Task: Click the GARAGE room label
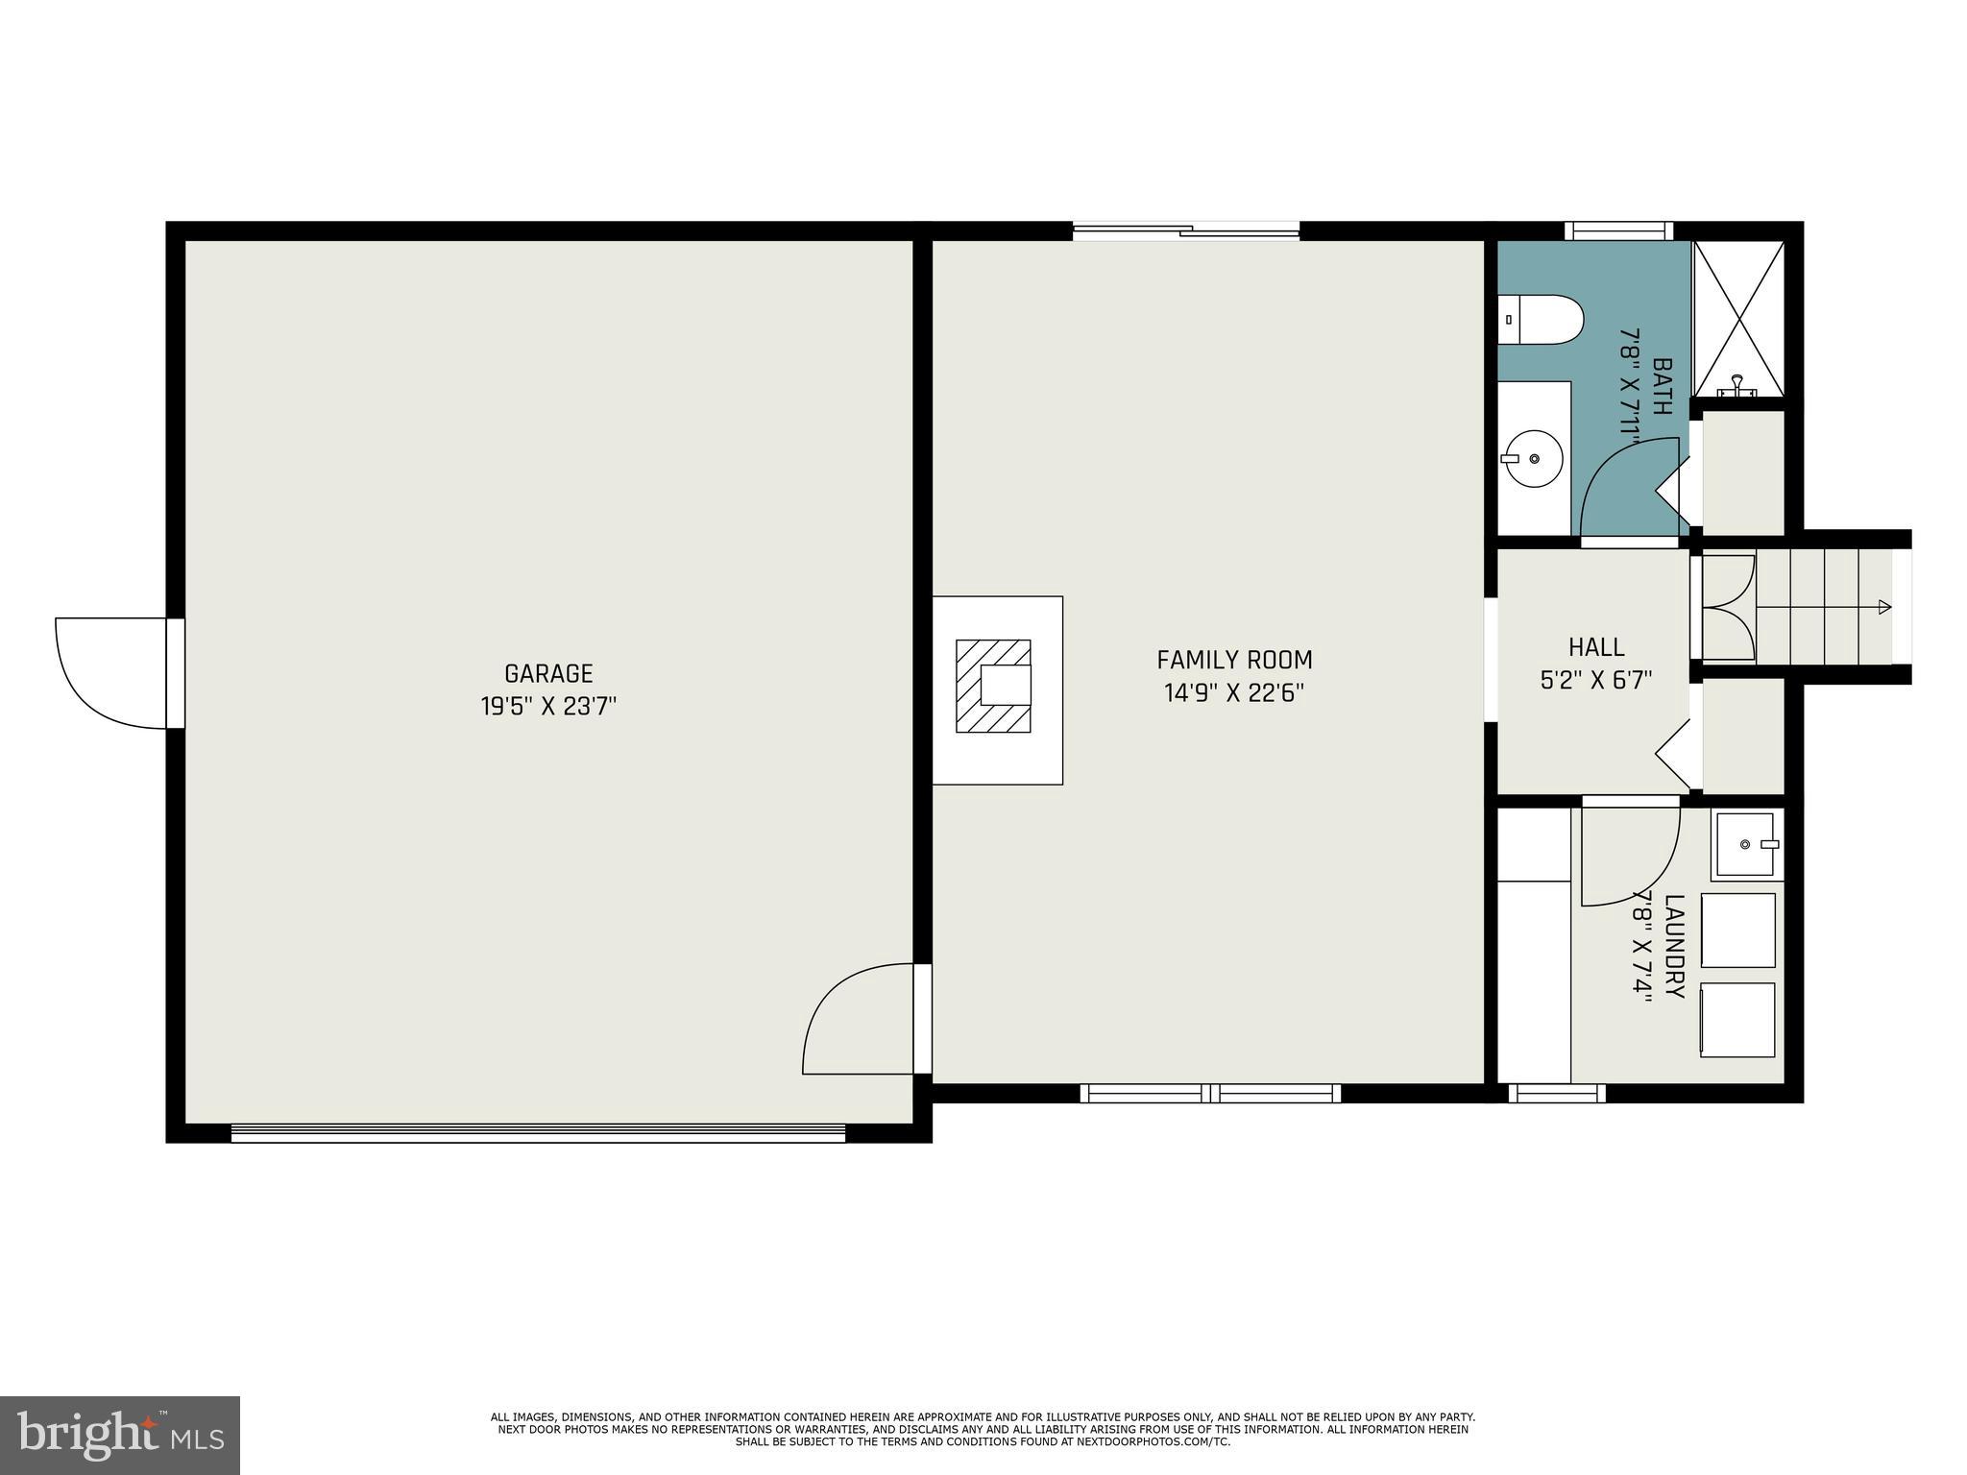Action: pyautogui.click(x=548, y=673)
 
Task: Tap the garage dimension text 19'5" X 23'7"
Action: pyautogui.click(x=548, y=707)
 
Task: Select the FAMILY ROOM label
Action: pyautogui.click(x=1234, y=660)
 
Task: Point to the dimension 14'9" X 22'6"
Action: pyautogui.click(x=1234, y=693)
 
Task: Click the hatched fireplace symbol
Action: pyautogui.click(x=993, y=686)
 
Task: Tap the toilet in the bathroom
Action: pyautogui.click(x=1541, y=320)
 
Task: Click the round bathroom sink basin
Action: pyautogui.click(x=1534, y=459)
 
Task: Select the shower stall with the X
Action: pyautogui.click(x=1738, y=318)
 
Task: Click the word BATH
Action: pyautogui.click(x=1662, y=386)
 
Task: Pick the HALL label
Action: pyautogui.click(x=1596, y=646)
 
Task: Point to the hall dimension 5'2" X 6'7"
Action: pyautogui.click(x=1596, y=681)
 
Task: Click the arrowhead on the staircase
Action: pyautogui.click(x=1884, y=607)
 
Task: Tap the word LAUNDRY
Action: pyautogui.click(x=1674, y=946)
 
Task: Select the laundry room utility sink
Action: pyautogui.click(x=1745, y=844)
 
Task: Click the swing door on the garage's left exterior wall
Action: pyautogui.click(x=113, y=672)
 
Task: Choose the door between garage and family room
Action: pyautogui.click(x=860, y=1020)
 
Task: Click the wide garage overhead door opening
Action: pyautogui.click(x=538, y=1133)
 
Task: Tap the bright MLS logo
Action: pyautogui.click(x=120, y=1436)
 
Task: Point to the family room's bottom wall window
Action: pyautogui.click(x=1210, y=1093)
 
